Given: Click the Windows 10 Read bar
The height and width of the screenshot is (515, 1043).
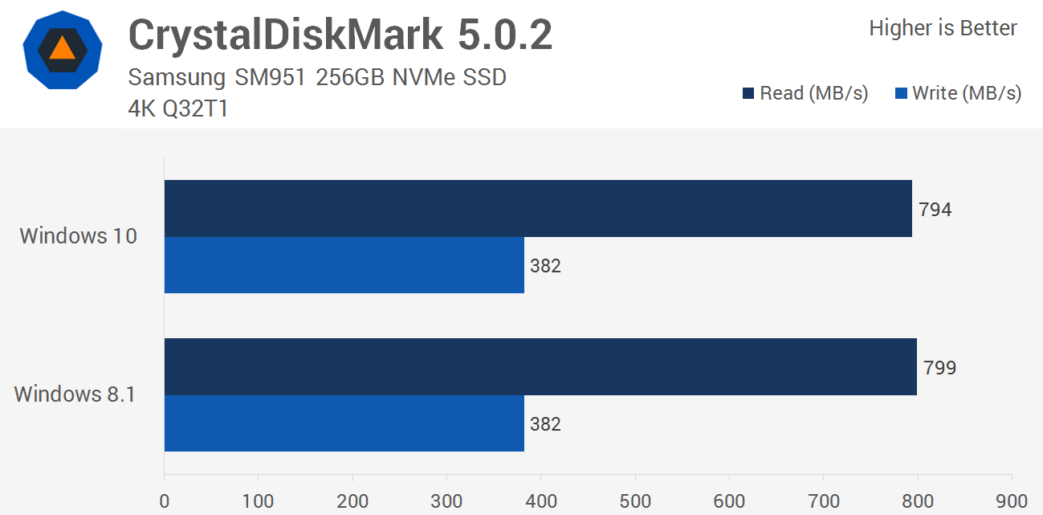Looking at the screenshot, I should (538, 208).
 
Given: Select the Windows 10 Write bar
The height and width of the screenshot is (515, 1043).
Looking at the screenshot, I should (344, 265).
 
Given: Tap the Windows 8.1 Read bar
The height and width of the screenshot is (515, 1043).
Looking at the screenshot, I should (540, 366).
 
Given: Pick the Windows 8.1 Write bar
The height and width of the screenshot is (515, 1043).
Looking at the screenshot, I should (344, 423).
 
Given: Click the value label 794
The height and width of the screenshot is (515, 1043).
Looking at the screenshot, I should (935, 210).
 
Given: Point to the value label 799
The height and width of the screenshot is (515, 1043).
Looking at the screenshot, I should (940, 368).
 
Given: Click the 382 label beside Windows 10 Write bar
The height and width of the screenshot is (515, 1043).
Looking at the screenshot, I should (545, 266).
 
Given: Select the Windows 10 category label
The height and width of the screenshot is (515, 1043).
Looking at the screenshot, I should (79, 236).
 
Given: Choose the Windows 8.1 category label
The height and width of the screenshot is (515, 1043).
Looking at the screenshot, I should (75, 394).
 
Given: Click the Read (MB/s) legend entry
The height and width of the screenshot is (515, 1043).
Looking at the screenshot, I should (805, 93).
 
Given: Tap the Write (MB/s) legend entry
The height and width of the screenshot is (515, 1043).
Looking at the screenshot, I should (958, 93).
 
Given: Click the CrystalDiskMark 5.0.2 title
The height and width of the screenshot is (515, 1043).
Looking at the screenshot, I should (340, 35).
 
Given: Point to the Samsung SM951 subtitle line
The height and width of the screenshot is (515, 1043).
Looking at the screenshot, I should (317, 78).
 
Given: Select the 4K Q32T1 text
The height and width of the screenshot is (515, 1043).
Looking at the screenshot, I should (178, 108).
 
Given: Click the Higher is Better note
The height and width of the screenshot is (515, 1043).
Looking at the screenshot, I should (943, 28).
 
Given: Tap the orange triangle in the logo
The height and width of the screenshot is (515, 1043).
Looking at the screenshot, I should (62, 50).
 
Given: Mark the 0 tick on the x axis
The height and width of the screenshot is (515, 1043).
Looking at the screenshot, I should (165, 501).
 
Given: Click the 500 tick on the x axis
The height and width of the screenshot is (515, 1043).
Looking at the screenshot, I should (635, 501).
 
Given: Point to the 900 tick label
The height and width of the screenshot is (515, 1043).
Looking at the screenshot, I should (1012, 501).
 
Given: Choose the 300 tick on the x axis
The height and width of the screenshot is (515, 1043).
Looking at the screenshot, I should (446, 501).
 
